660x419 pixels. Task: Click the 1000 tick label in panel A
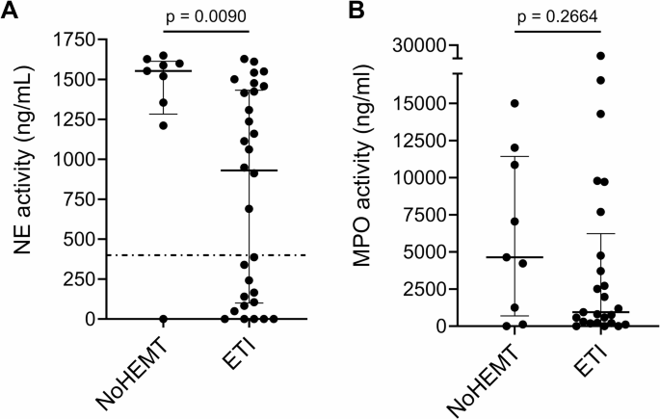[78, 159]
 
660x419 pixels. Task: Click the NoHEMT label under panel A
[137, 371]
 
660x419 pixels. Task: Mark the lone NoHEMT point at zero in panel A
[163, 319]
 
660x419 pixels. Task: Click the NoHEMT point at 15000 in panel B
[515, 103]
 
